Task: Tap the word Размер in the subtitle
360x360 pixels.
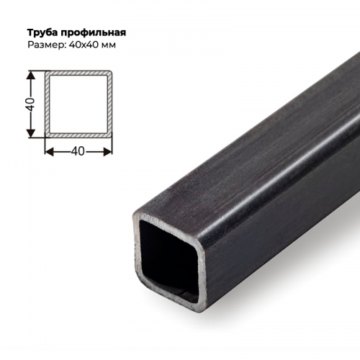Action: (x=45, y=45)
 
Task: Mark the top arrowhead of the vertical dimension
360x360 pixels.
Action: (x=32, y=74)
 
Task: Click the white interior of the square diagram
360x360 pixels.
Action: (x=79, y=104)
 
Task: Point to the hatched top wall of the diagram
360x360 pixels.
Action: (x=79, y=73)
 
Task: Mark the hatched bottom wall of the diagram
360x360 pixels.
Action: (x=79, y=135)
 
